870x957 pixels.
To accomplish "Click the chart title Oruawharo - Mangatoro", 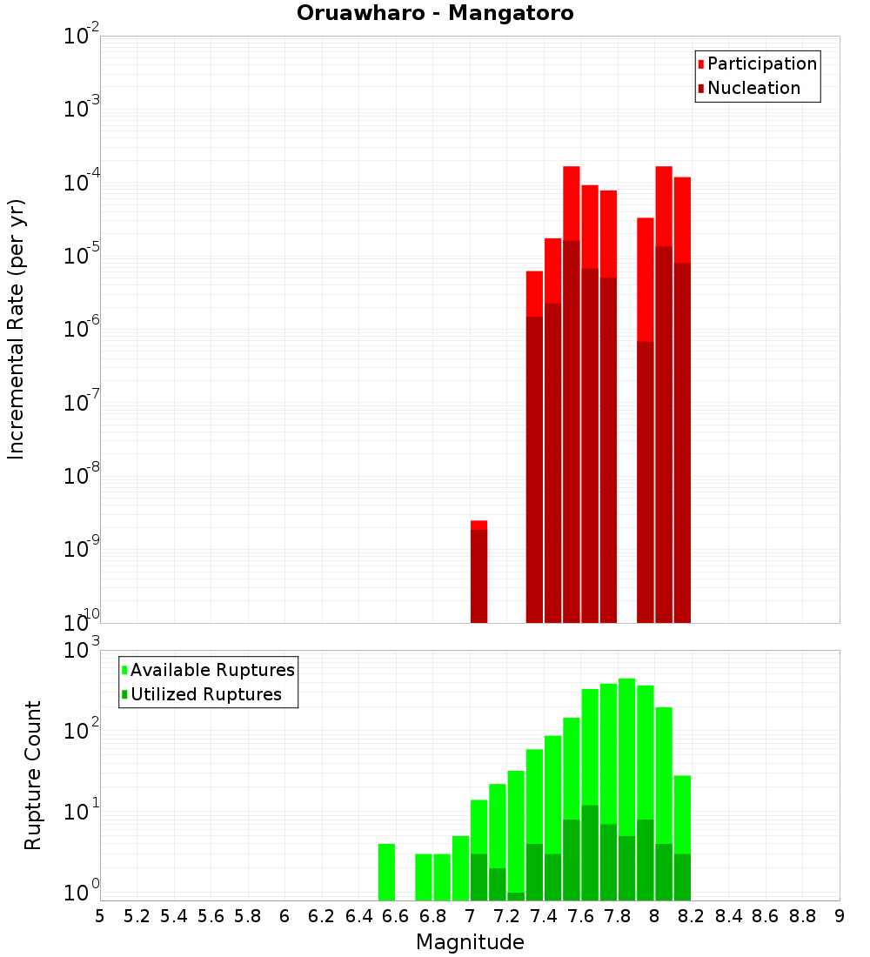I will (x=435, y=14).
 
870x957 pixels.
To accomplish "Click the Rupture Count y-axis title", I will (x=33, y=775).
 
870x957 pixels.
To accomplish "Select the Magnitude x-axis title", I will (x=470, y=941).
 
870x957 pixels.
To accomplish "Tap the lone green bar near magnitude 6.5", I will (x=386, y=872).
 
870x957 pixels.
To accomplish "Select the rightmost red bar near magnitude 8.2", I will (x=682, y=400).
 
